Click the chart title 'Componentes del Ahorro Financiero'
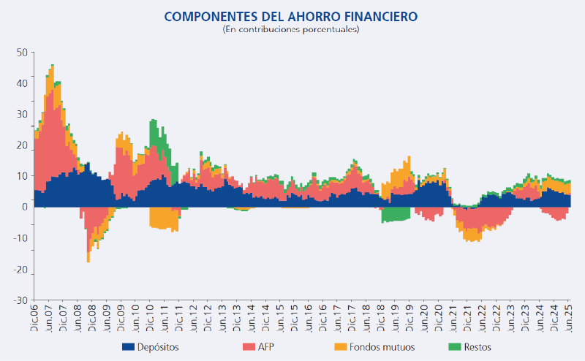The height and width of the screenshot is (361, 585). [291, 16]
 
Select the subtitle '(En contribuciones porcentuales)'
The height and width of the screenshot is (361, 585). [291, 29]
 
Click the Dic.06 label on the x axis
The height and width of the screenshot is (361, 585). [34, 318]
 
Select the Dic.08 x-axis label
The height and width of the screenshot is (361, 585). [92, 318]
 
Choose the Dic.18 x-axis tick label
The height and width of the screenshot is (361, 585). [380, 318]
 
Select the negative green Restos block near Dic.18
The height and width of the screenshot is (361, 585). [395, 215]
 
